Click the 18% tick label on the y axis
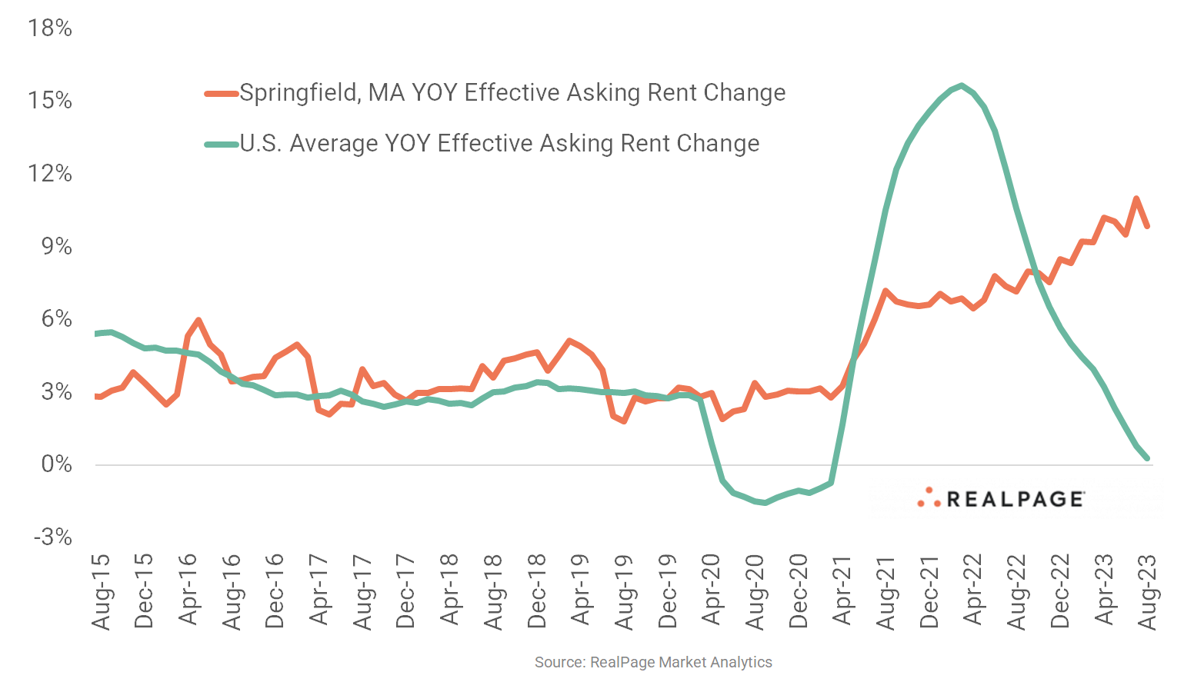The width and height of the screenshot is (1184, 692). point(50,28)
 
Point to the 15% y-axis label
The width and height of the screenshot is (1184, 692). point(50,101)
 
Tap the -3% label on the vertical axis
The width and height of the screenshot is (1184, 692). point(52,537)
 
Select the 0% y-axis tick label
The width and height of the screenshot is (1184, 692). point(56,464)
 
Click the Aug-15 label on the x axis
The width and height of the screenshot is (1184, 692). point(101,591)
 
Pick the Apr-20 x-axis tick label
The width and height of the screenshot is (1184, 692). point(712,591)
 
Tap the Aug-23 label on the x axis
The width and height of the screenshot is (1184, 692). point(1148,591)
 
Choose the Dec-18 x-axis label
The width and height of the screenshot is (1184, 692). point(537,591)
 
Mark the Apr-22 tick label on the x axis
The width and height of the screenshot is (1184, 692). point(973,591)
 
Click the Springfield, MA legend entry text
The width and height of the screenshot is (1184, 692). point(512,93)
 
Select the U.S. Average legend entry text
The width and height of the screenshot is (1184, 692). point(499,144)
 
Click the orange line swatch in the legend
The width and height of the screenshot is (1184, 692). point(222,94)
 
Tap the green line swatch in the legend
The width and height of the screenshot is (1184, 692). point(222,145)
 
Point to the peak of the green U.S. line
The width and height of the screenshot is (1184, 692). point(962,85)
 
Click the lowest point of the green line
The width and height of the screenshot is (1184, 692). point(765,503)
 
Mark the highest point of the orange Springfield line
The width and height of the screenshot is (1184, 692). point(1136,198)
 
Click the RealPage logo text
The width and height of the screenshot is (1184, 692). point(1015,500)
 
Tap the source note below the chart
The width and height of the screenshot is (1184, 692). point(653,662)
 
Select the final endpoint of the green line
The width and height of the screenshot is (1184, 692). point(1148,458)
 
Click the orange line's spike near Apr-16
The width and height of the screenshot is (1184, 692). point(198,320)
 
